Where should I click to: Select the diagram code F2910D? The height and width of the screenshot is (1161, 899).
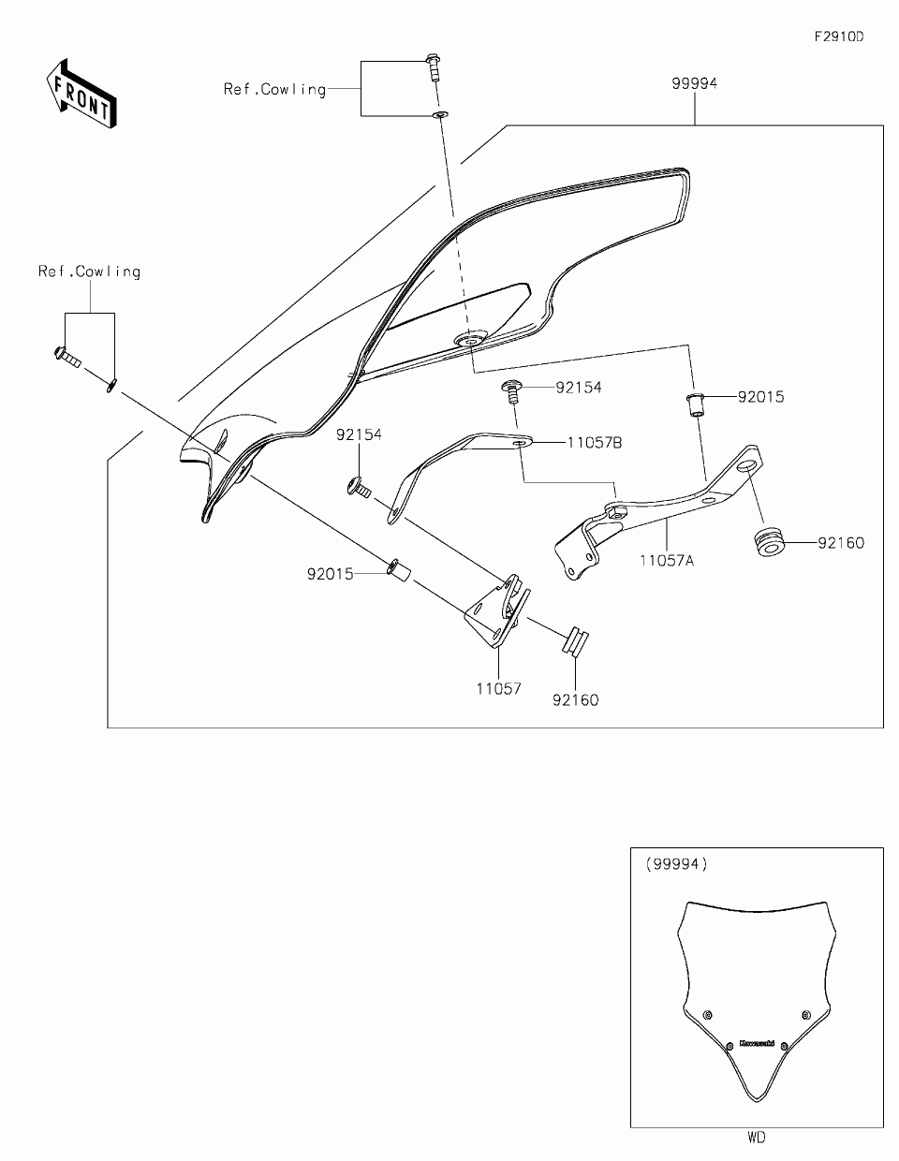[837, 37]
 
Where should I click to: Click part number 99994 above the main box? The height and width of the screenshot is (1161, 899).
[694, 84]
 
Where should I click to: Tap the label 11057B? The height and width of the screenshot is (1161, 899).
[594, 443]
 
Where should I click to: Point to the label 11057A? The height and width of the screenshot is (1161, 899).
[666, 560]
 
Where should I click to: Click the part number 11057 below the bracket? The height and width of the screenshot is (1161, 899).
[498, 689]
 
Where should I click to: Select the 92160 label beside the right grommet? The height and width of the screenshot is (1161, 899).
[840, 543]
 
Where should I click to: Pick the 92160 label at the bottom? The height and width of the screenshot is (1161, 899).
[575, 699]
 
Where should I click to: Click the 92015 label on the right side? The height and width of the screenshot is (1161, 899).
[760, 397]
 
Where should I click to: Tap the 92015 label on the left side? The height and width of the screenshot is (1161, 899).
[331, 574]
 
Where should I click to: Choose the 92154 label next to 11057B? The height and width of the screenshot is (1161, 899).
[579, 387]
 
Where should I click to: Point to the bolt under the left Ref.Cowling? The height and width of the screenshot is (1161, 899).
[65, 356]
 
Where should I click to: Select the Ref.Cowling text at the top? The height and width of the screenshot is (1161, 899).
[274, 90]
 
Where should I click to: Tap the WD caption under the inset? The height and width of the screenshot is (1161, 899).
[757, 1139]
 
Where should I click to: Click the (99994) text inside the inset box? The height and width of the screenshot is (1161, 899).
[676, 864]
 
